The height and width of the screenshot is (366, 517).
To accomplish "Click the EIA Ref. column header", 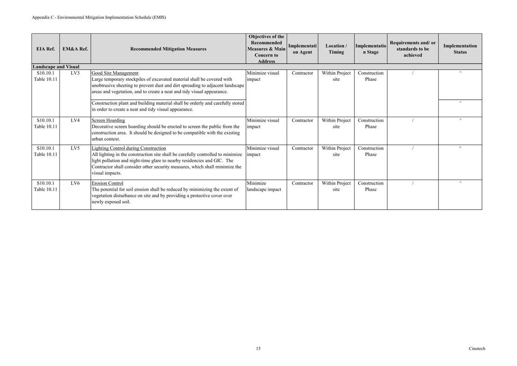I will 45,49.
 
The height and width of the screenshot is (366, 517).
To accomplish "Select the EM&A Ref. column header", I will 75,49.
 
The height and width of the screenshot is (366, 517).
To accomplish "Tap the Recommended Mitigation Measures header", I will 168,49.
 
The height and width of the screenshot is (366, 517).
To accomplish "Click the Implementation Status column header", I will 460,49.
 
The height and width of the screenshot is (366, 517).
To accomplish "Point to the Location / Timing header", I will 336,49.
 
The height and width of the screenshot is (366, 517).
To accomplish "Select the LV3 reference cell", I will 75,73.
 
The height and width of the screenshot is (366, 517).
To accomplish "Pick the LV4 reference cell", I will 75,120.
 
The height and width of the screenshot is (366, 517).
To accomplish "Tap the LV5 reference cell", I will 75,148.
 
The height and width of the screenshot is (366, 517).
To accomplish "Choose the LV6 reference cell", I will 75,183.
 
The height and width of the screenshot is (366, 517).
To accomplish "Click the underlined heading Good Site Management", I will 115,73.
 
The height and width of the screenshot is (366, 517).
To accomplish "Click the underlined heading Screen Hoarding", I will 108,120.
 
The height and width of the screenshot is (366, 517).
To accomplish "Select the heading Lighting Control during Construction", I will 129,148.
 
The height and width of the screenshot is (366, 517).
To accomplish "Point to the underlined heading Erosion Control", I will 107,183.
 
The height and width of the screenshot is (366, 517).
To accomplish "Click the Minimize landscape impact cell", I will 264,186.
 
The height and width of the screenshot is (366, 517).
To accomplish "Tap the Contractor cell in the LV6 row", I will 302,183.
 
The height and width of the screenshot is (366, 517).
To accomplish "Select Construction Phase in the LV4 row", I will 370,123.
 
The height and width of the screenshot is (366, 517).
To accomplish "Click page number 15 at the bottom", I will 258,348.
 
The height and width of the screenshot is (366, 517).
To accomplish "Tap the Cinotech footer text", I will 477,348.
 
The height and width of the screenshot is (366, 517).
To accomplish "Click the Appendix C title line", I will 99,18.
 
